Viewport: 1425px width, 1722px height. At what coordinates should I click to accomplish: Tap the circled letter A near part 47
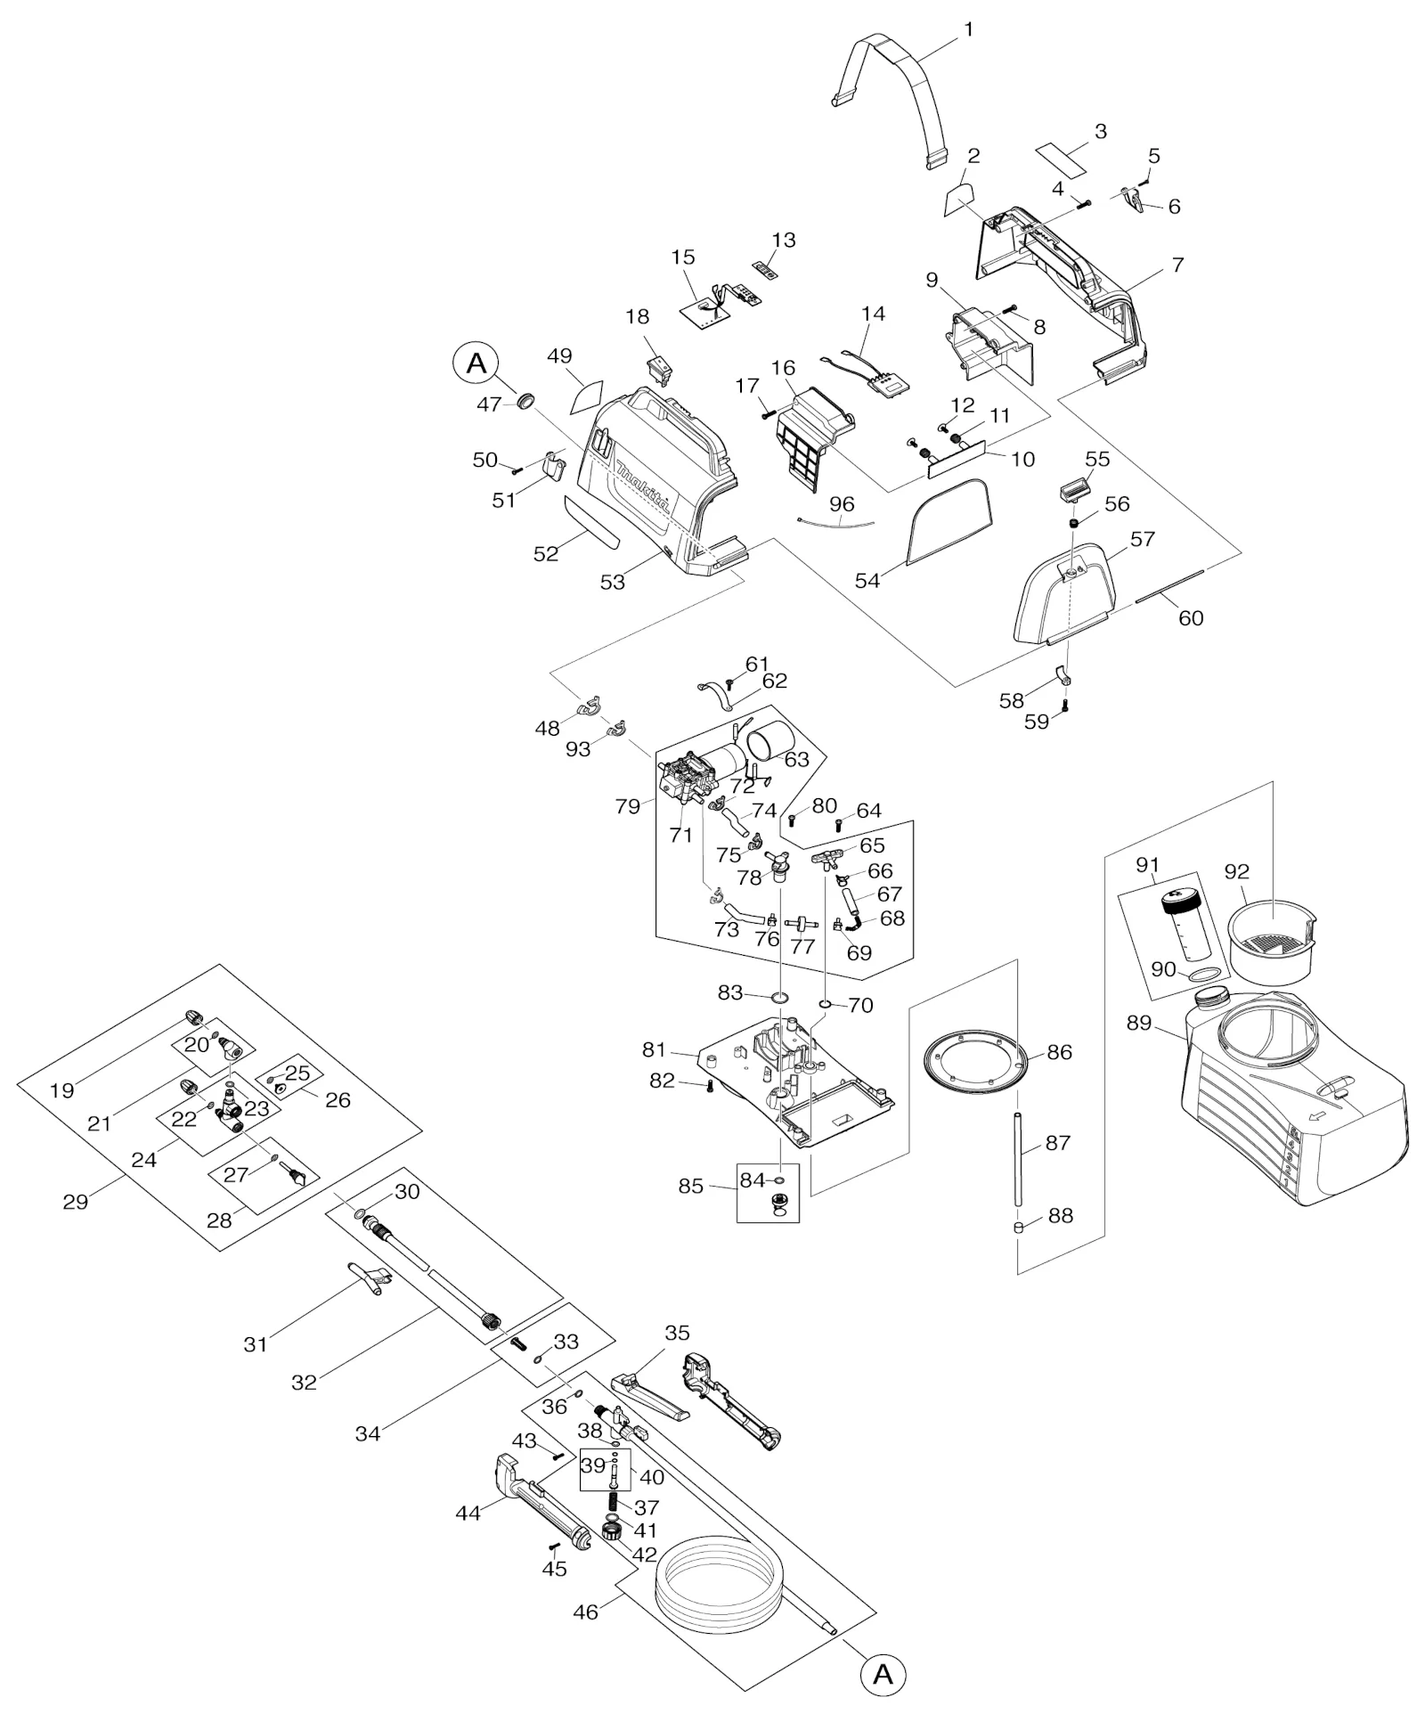click(476, 363)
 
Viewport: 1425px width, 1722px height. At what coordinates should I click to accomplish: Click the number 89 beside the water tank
click(1139, 1023)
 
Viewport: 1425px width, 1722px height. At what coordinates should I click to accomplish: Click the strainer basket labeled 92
click(1271, 943)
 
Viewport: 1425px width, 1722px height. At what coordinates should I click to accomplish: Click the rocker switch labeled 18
click(660, 370)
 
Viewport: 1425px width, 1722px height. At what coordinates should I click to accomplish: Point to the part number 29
click(76, 1201)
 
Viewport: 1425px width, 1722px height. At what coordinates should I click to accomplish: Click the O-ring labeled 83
click(779, 995)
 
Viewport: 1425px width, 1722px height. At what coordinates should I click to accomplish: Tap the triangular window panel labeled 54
click(949, 522)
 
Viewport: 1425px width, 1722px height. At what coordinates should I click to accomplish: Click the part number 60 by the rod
click(1191, 617)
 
